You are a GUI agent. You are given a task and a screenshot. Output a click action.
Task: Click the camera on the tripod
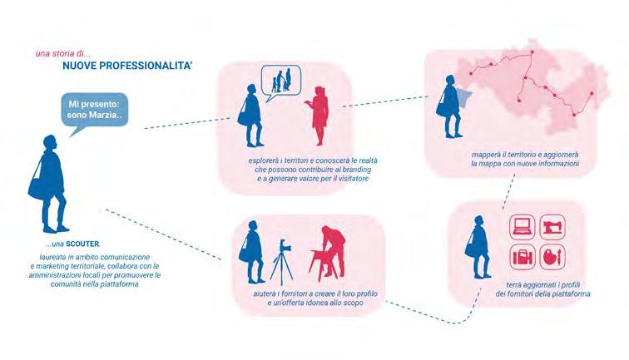tap(281, 258)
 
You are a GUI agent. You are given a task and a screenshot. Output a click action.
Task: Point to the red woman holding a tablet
tap(318, 117)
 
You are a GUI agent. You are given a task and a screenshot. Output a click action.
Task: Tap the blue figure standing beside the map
tap(452, 109)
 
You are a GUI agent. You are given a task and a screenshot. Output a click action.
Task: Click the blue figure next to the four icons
tap(479, 247)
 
